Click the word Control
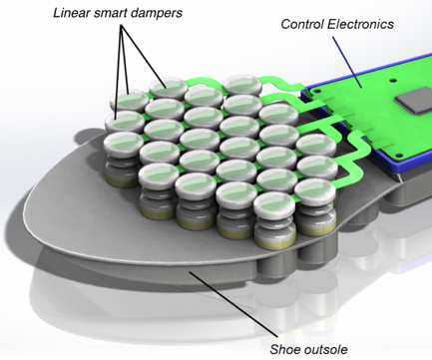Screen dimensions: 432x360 [302, 24]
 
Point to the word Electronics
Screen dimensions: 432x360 [360, 24]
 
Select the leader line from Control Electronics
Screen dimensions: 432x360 [347, 62]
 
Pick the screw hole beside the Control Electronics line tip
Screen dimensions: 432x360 [393, 81]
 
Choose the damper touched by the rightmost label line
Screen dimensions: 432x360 [168, 87]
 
